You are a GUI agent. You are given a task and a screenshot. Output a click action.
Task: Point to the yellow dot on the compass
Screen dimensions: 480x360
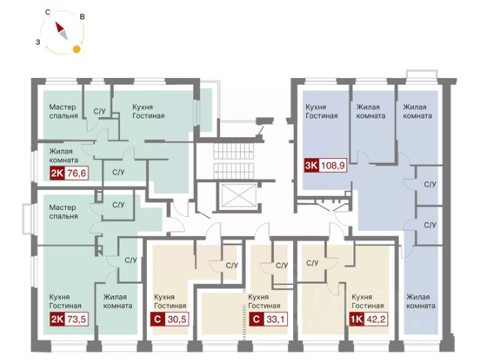pyautogui.click(x=76, y=50)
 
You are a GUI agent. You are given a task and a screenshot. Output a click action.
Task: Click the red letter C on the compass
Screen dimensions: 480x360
pyautogui.click(x=47, y=12)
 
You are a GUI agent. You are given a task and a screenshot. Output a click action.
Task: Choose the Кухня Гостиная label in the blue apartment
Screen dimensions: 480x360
pyautogui.click(x=322, y=112)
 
